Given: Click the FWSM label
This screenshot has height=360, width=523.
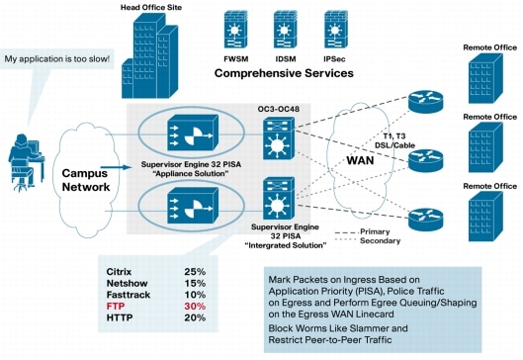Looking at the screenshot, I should click(235, 59).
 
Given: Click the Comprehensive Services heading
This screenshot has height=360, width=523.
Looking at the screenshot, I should click(285, 74).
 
